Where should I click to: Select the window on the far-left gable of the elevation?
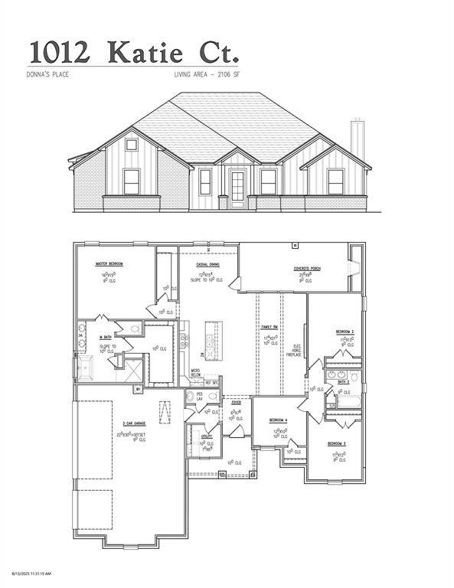click(132, 181)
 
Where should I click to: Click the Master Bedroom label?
click(109, 264)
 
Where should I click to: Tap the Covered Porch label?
click(305, 269)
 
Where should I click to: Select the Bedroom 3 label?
click(337, 444)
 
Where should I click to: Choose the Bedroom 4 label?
click(277, 420)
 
